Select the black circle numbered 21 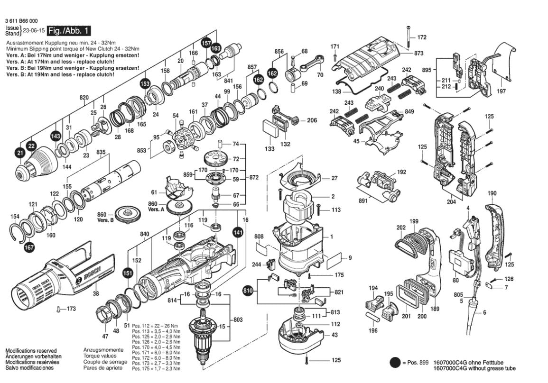coord(19,153)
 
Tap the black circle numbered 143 coord(56,136)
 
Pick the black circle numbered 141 coord(237,232)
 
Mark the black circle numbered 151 coord(127,273)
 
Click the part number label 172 coord(422,37)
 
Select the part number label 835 coord(101,152)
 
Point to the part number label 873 coord(418,54)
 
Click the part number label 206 coord(312,120)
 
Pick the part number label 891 coord(363,201)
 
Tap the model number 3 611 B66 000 coord(22,21)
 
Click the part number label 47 coord(105,336)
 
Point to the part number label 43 coord(335,335)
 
